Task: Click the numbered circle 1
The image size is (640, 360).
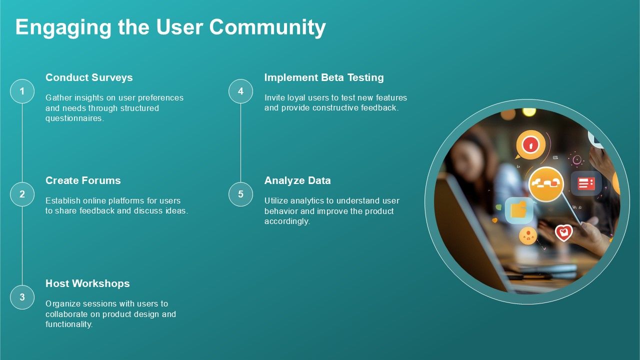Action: (22, 91)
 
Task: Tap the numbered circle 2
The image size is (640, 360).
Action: (22, 194)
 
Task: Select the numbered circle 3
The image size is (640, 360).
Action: (22, 297)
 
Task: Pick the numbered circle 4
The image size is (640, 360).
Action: (240, 91)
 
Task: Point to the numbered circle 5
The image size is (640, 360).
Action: (240, 194)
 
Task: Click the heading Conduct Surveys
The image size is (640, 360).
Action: (89, 77)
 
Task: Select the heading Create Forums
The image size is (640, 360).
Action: (83, 180)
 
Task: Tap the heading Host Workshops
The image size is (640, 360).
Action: (87, 283)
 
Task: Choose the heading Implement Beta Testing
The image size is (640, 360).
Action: (324, 77)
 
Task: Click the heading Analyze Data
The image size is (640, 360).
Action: (297, 180)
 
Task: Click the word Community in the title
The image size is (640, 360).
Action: (267, 27)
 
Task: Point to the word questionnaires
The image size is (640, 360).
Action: (74, 118)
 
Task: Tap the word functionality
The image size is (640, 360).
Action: (69, 324)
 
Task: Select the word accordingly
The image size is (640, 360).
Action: (287, 221)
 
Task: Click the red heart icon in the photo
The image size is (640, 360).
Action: (564, 232)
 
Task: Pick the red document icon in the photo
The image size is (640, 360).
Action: (586, 183)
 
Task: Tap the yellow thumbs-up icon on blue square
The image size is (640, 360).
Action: (519, 210)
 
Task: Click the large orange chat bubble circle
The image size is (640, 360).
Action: (546, 184)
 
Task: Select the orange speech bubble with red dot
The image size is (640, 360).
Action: (530, 145)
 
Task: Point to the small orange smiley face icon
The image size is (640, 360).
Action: (527, 235)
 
